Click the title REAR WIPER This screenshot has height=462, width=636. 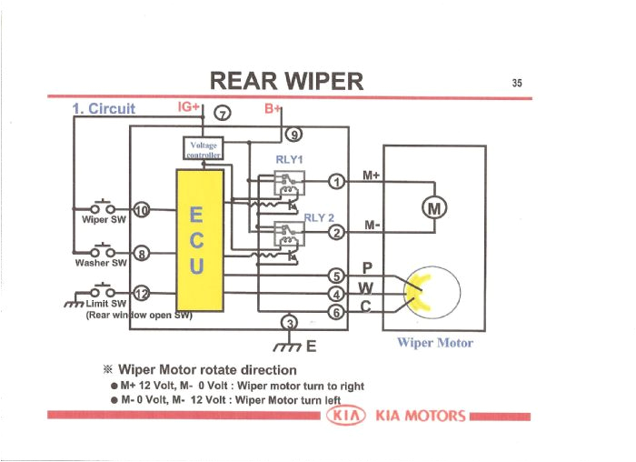[x=286, y=82]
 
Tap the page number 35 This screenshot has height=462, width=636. [x=517, y=83]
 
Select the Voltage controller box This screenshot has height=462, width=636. [x=204, y=148]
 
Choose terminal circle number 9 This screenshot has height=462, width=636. [x=293, y=136]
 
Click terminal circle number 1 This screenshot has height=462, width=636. [x=336, y=181]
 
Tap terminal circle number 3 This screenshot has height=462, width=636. [x=290, y=323]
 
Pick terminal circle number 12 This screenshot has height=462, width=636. [x=141, y=293]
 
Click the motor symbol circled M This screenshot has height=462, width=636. [x=434, y=209]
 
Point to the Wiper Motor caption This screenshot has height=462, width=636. [x=434, y=344]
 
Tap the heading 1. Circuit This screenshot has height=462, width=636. [x=103, y=109]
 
